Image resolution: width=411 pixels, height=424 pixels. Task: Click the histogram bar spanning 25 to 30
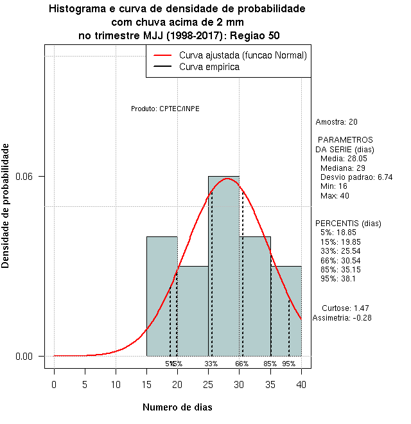pyautogui.click(x=223, y=270)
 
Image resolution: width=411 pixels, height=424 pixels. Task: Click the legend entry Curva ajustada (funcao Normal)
pyautogui.click(x=243, y=55)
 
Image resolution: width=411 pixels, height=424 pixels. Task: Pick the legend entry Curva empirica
pyautogui.click(x=209, y=67)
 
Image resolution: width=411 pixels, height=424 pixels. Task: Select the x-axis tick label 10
pyautogui.click(x=116, y=384)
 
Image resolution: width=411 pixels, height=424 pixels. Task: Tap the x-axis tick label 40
pyautogui.click(x=301, y=384)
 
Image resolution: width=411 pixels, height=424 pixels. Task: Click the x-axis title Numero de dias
pyautogui.click(x=177, y=407)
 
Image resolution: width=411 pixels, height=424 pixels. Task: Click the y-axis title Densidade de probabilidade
pyautogui.click(x=6, y=206)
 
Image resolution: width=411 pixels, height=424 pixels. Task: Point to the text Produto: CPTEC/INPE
pyautogui.click(x=165, y=109)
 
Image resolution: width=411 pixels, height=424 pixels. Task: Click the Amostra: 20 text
pyautogui.click(x=337, y=122)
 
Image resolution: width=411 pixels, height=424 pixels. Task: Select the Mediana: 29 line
pyautogui.click(x=342, y=168)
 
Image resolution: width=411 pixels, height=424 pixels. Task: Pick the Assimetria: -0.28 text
pyautogui.click(x=342, y=317)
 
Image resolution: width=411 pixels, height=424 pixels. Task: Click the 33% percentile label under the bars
pyautogui.click(x=211, y=364)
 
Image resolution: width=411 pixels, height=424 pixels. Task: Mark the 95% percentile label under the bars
pyautogui.click(x=288, y=364)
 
